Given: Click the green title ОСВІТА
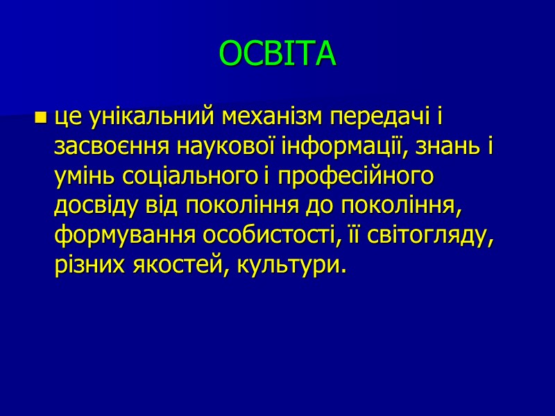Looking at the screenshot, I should (x=277, y=54).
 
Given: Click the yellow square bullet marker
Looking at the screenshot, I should (x=40, y=118).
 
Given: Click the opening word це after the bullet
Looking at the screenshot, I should (x=68, y=118).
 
